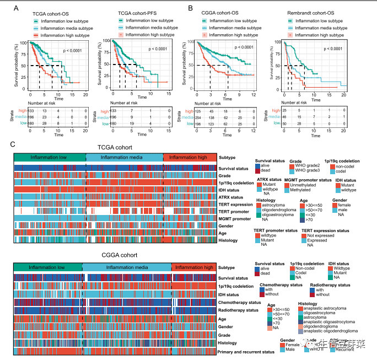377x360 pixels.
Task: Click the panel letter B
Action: click(190, 8)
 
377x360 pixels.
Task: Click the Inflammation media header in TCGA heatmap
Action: click(125, 158)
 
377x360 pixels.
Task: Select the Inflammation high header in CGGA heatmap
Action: click(194, 267)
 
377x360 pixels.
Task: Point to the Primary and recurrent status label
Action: click(254, 351)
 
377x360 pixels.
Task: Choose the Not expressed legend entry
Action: click(320, 235)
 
